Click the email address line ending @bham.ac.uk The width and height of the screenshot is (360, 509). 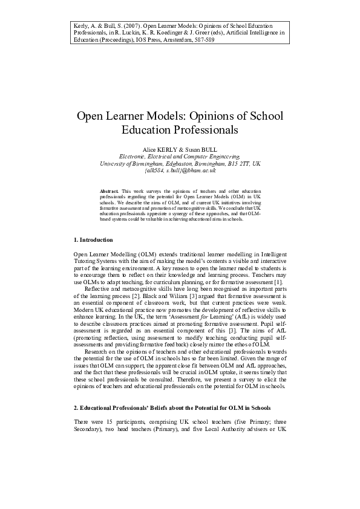pyautogui.click(x=180, y=170)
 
